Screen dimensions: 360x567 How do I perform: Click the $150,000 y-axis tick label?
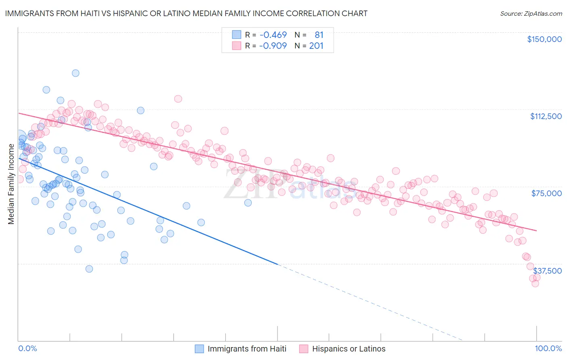pyautogui.click(x=544, y=39)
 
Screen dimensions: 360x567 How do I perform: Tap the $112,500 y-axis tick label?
pyautogui.click(x=546, y=116)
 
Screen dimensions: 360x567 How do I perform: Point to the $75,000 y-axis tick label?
pyautogui.click(x=546, y=193)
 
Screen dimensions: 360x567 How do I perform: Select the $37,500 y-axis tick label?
pyautogui.click(x=547, y=270)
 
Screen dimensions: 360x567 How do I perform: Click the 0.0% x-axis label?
pyautogui.click(x=27, y=348)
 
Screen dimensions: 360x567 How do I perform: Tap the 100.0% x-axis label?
pyautogui.click(x=548, y=348)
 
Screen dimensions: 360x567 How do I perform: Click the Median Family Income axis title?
pyautogui.click(x=11, y=184)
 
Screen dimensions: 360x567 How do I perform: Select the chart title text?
pyautogui.click(x=186, y=13)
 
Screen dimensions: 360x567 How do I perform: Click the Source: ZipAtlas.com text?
pyautogui.click(x=531, y=13)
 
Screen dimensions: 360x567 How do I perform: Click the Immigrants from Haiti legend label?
pyautogui.click(x=247, y=349)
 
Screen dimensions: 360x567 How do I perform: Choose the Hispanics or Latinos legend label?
pyautogui.click(x=349, y=349)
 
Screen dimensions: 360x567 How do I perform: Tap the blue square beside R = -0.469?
pyautogui.click(x=236, y=35)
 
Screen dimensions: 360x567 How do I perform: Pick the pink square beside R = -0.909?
pyautogui.click(x=236, y=46)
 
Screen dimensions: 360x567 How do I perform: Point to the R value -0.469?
pyautogui.click(x=273, y=35)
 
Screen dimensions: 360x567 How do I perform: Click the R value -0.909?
pyautogui.click(x=273, y=46)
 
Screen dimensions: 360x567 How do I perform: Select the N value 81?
pyautogui.click(x=319, y=35)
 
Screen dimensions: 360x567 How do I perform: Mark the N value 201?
pyautogui.click(x=316, y=46)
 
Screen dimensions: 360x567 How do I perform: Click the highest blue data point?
pyautogui.click(x=75, y=73)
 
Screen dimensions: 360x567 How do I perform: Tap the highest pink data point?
pyautogui.click(x=178, y=98)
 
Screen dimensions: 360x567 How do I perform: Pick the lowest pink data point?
pyautogui.click(x=535, y=283)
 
